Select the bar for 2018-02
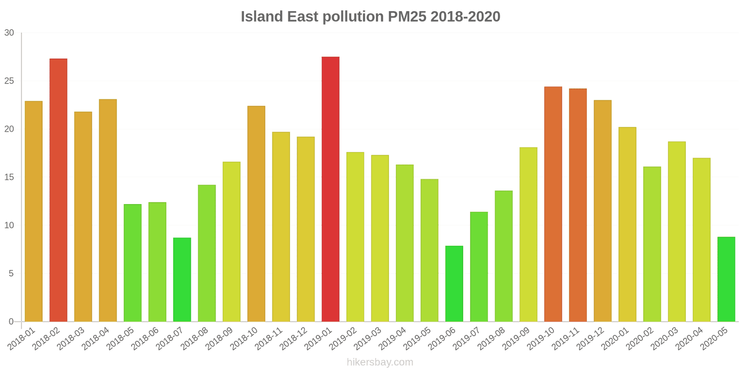pyautogui.click(x=58, y=190)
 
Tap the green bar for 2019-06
pyautogui.click(x=454, y=284)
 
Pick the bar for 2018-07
pyautogui.click(x=182, y=280)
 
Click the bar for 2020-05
pyautogui.click(x=726, y=279)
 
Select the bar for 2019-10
pyautogui.click(x=553, y=204)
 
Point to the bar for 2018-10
pyautogui.click(x=256, y=214)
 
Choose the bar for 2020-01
pyautogui.click(x=627, y=224)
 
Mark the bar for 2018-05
pyautogui.click(x=132, y=263)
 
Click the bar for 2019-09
pyautogui.click(x=528, y=235)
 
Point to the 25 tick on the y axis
pyautogui.click(x=9, y=81)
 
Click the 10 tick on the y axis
pyautogui.click(x=9, y=225)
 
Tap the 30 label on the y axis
pyautogui.click(x=9, y=33)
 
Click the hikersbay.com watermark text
pyautogui.click(x=380, y=362)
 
